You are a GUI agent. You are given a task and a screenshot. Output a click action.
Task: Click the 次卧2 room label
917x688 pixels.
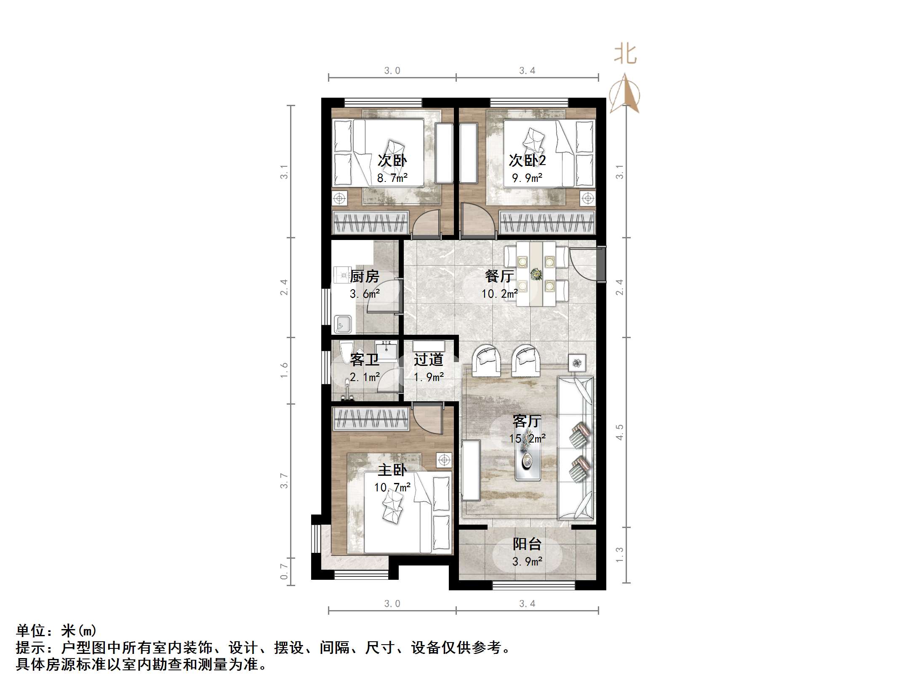point(527,160)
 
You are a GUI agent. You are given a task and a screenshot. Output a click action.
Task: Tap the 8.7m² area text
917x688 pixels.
point(392,178)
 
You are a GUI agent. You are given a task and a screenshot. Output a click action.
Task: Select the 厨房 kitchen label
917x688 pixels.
point(365,276)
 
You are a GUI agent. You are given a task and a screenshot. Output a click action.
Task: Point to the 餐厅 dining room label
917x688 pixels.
point(499,276)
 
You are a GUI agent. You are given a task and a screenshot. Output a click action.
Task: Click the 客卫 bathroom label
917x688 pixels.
point(365,359)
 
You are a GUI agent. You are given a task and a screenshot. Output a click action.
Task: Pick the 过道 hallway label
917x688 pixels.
point(429,359)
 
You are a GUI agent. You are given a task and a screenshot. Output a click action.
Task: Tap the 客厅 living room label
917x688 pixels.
point(527,421)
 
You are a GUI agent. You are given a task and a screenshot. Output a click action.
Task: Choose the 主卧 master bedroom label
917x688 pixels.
point(392,469)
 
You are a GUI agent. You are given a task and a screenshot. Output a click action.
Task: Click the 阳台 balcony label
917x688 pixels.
point(527,544)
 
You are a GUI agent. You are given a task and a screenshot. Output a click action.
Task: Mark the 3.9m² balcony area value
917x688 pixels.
point(527,561)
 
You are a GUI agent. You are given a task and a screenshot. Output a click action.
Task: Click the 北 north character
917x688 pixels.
point(625,55)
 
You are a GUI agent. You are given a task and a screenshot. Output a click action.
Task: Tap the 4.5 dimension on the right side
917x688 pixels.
point(619,432)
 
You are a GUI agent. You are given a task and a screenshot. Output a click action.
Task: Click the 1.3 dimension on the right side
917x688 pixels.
point(619,555)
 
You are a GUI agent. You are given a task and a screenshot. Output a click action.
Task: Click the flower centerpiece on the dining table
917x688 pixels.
point(536,274)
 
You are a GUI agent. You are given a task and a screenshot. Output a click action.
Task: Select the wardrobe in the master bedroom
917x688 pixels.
point(371,419)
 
